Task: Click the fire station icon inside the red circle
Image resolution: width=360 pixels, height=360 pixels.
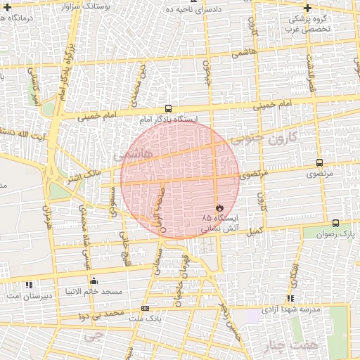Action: pos(219,208)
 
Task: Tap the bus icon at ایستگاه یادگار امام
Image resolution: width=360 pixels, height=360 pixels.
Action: pos(167,108)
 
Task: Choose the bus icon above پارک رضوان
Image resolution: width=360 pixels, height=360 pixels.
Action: pos(335,223)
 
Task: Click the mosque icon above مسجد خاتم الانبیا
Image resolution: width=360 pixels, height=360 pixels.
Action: pos(94,281)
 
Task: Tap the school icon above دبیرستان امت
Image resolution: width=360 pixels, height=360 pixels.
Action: pos(29,285)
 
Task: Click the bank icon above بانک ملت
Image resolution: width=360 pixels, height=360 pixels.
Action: pos(146,308)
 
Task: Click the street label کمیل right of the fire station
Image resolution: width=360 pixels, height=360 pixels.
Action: pos(253,231)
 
